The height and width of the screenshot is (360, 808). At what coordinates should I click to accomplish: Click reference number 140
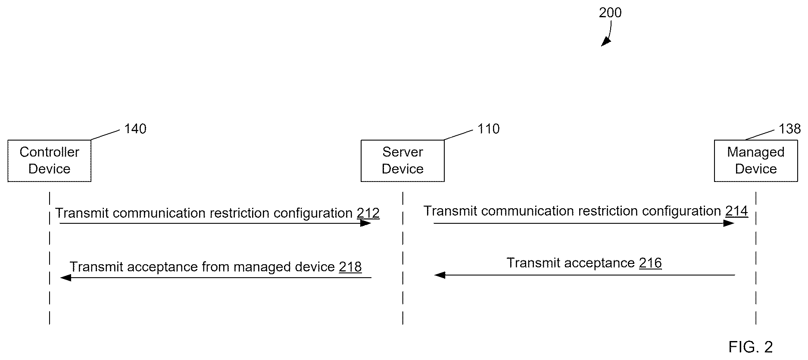coord(135,129)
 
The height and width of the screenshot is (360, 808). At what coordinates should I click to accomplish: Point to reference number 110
coord(489,129)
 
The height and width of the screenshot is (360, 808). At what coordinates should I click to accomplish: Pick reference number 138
coord(789,129)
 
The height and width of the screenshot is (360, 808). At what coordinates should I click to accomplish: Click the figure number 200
coord(610,13)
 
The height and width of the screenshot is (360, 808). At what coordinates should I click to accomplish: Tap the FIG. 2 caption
coord(751,347)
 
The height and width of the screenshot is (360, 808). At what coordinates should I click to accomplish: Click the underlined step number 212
coord(368,213)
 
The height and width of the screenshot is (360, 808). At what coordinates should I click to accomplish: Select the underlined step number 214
coord(736,211)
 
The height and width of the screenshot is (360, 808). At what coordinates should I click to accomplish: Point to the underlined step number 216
coord(650,263)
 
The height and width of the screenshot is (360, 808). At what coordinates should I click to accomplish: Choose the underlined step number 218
coord(350,267)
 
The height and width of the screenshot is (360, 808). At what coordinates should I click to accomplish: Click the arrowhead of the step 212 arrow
coord(366,223)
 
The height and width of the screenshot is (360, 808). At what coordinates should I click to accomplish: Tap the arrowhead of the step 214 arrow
coord(729,223)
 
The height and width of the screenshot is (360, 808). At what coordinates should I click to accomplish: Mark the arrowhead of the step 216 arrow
coord(440,275)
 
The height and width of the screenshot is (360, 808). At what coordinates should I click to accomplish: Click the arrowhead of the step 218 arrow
coord(66,278)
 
